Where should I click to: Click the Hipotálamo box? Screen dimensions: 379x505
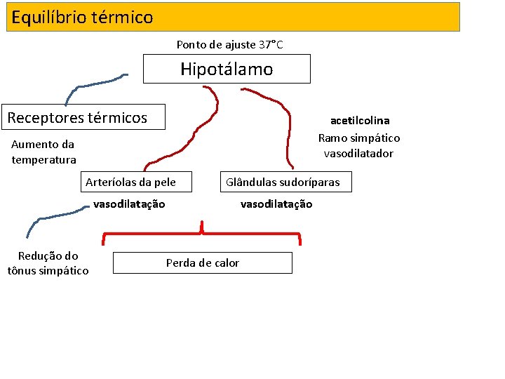(227, 69)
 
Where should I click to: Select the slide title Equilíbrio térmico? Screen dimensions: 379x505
(82, 17)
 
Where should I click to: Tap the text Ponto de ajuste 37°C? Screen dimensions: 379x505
(229, 45)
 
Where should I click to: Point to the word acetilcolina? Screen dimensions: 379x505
(360, 121)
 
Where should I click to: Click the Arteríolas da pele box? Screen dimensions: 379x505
(130, 182)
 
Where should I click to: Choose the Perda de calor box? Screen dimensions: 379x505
(202, 263)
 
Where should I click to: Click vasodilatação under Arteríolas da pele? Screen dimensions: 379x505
(129, 204)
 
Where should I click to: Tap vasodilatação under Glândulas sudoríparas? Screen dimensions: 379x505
(276, 204)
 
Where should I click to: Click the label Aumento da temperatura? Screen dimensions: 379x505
(43, 152)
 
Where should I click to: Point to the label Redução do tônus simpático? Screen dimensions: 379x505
(48, 263)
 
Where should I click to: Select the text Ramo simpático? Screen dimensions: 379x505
(359, 138)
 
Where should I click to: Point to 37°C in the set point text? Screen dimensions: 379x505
(270, 45)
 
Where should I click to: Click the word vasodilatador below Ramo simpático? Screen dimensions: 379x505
(358, 154)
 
